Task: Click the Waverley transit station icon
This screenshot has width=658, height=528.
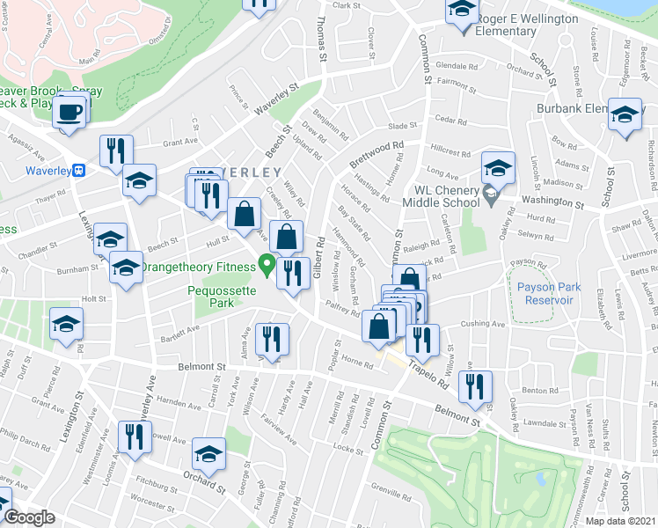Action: pyautogui.click(x=79, y=170)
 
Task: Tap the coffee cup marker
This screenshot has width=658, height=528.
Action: pyautogui.click(x=69, y=113)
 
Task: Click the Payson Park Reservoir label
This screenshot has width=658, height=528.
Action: pyautogui.click(x=545, y=293)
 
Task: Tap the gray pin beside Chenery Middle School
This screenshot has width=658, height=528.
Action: pyautogui.click(x=490, y=193)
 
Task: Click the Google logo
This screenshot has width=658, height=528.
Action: pyautogui.click(x=29, y=518)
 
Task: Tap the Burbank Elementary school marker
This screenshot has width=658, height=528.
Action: pyautogui.click(x=625, y=117)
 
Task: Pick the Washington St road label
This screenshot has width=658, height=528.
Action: pyautogui.click(x=552, y=202)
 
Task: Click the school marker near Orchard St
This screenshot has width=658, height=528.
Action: pyautogui.click(x=208, y=454)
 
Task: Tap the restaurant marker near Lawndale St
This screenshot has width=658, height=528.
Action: pyautogui.click(x=475, y=386)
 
